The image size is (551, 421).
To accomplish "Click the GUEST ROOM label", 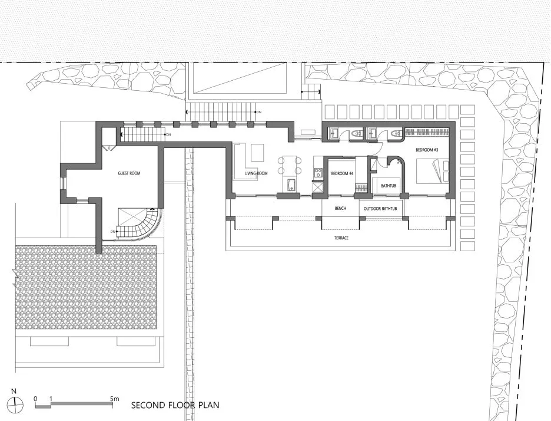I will pyautogui.click(x=129, y=173).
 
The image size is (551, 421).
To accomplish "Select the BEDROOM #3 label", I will pyautogui.click(x=427, y=150).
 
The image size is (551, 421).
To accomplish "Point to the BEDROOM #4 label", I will pyautogui.click(x=342, y=173).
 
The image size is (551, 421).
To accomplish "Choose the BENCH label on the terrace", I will pyautogui.click(x=340, y=209).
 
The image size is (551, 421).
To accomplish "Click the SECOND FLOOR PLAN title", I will pyautogui.click(x=175, y=405).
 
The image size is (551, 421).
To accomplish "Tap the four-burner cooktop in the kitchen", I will pyautogui.click(x=318, y=173).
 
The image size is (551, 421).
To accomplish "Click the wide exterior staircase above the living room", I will pyautogui.click(x=221, y=111).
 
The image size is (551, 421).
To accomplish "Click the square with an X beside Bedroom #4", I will pyautogui.click(x=318, y=188).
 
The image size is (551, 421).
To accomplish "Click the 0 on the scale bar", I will pyautogui.click(x=35, y=399).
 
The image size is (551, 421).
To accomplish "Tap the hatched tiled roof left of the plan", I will pyautogui.click(x=86, y=287).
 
